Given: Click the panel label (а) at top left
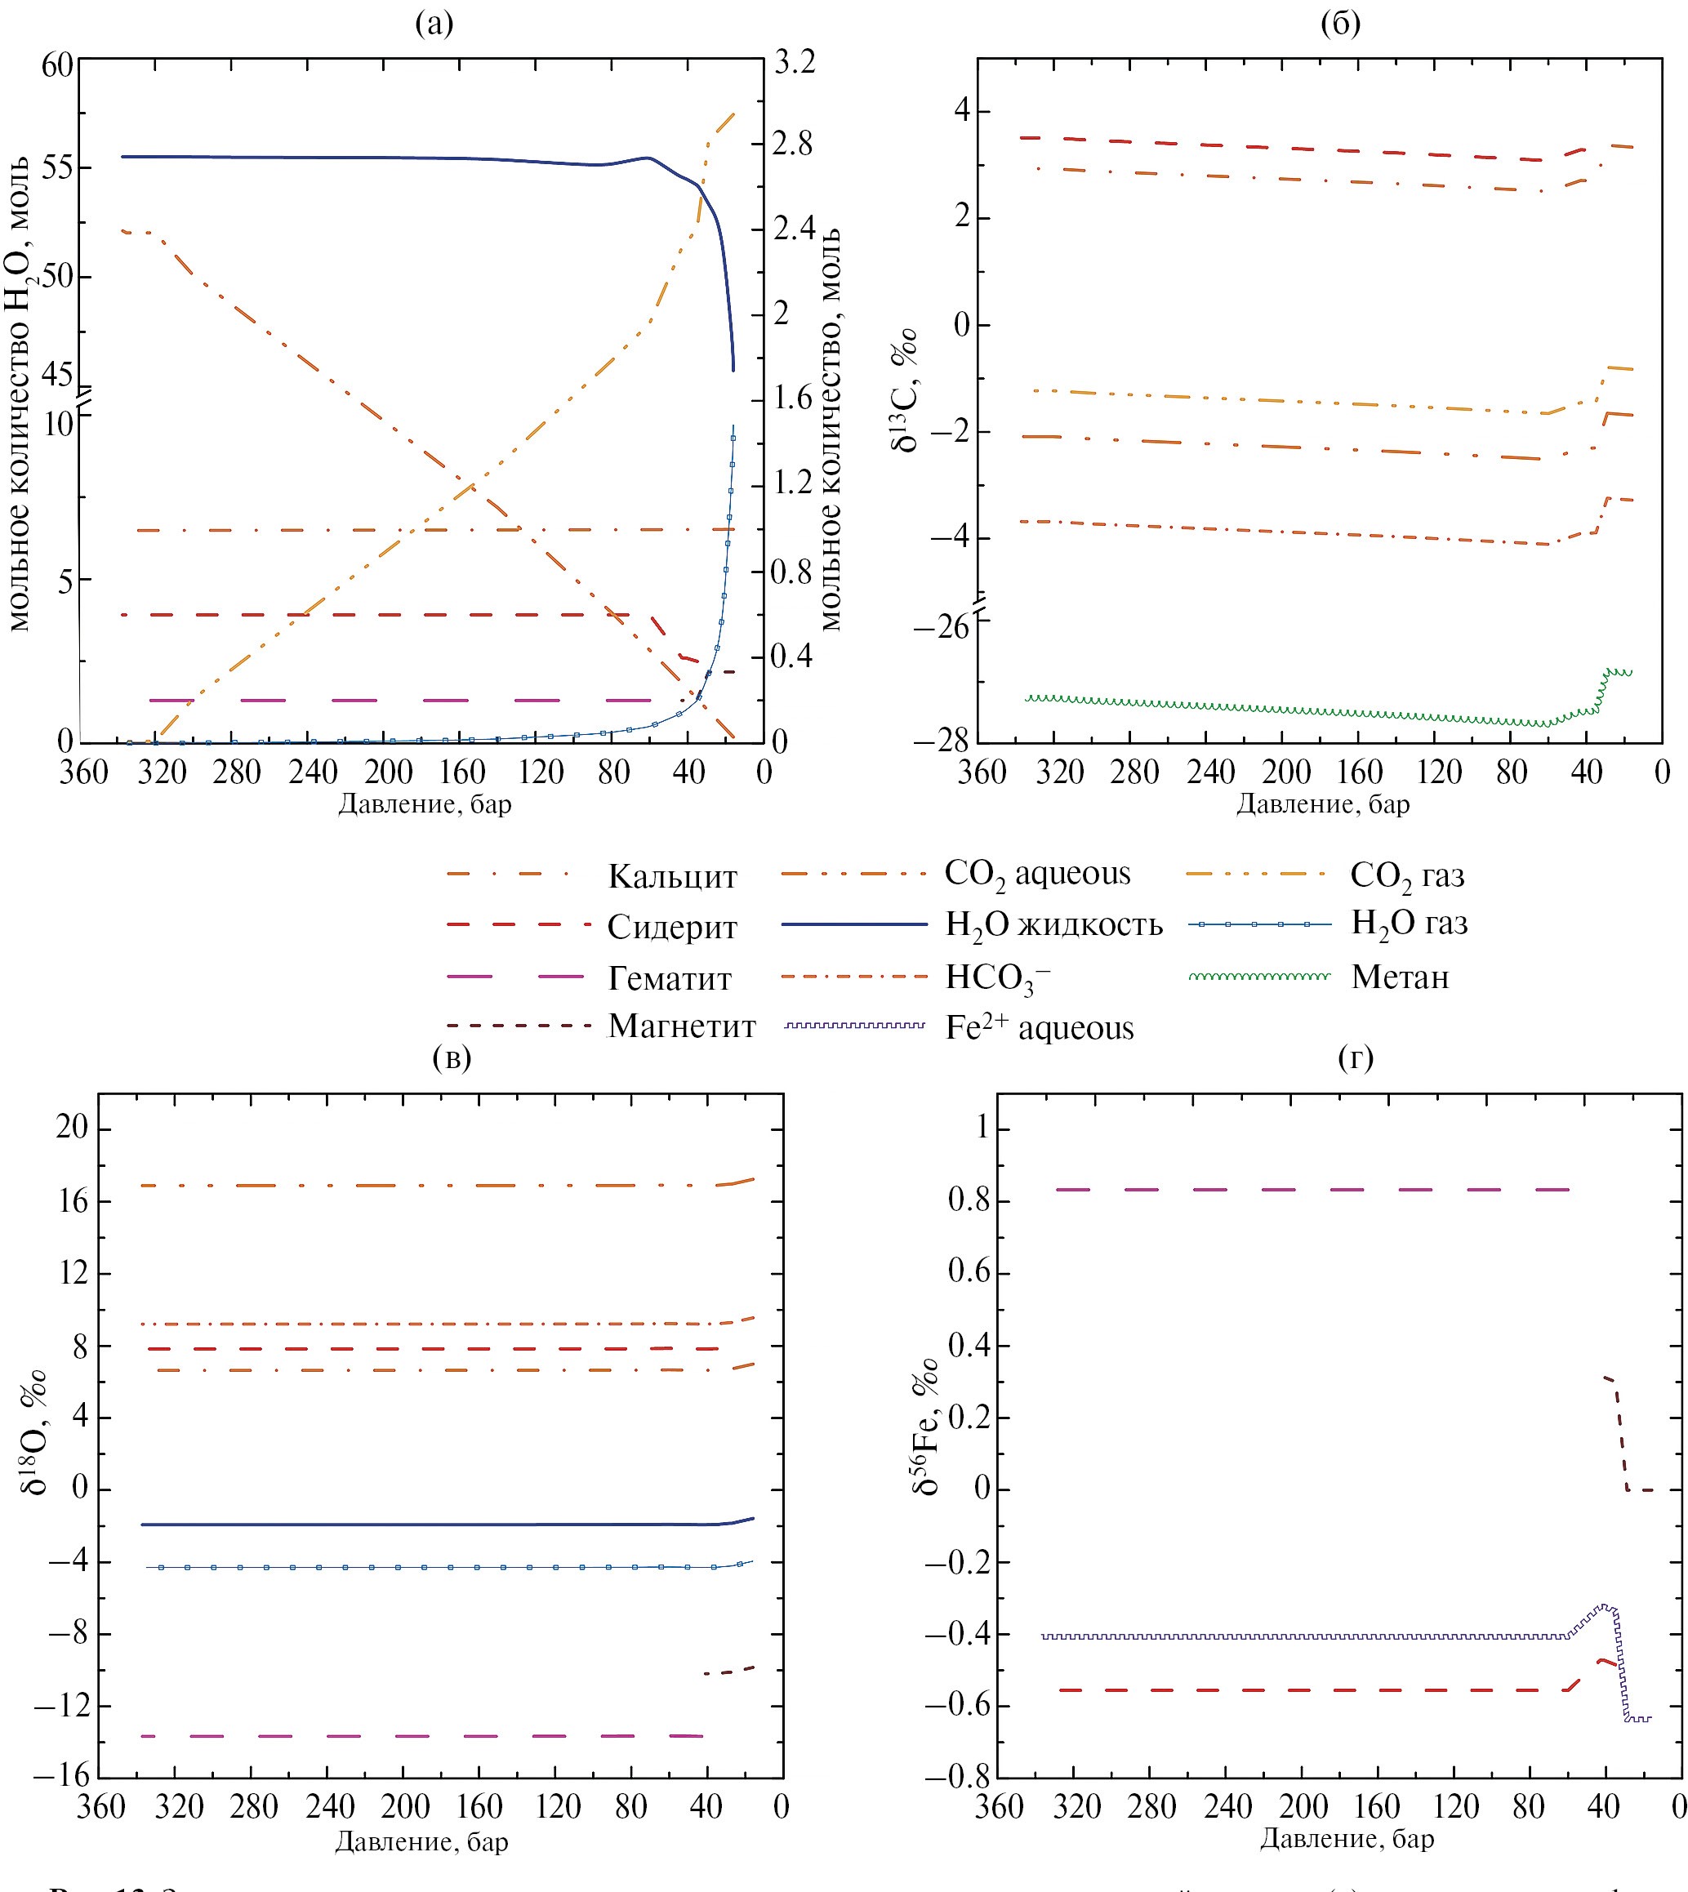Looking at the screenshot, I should pos(434,23).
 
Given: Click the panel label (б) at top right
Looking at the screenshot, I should pos(1340,23).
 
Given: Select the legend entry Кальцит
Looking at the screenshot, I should pos(672,876).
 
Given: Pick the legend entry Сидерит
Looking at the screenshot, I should pos(671,927).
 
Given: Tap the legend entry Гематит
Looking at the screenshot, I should pos(670,977).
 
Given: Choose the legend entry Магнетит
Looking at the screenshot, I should pos(682,1026).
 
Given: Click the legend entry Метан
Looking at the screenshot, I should pos(1400,977).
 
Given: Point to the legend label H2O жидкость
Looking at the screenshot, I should pos(1053,924).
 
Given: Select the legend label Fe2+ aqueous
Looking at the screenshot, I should pos(1040,1027).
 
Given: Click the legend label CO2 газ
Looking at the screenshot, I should pos(1407,875).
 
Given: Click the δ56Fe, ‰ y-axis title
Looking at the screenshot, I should pos(925,1427).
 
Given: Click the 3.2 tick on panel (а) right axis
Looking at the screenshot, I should pos(794,62).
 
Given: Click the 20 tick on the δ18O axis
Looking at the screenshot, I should pos(70,1128).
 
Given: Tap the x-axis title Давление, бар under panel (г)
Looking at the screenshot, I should pos(1347,1838).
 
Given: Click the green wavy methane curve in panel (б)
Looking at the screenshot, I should pos(1298,710).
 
